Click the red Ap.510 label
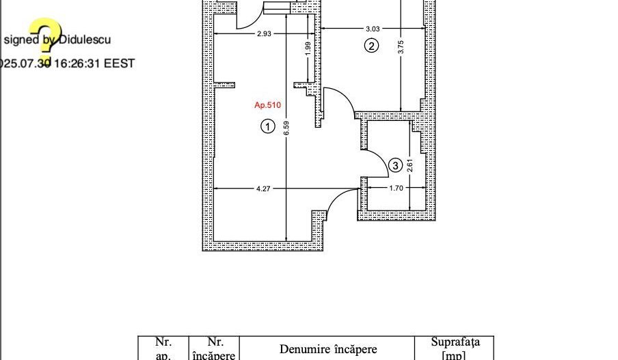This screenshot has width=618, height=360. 267,105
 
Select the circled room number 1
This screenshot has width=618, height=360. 268,126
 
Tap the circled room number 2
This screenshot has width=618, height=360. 371,46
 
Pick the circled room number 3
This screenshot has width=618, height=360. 395,165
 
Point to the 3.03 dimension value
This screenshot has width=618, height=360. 373,29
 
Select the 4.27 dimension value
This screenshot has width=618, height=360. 263,189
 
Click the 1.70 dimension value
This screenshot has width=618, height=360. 395,189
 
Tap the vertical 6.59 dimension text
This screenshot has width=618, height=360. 286,128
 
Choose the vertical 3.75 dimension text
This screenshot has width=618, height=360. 401,47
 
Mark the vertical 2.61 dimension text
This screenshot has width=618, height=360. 409,165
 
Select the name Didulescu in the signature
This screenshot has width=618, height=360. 84,40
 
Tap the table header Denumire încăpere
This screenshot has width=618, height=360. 327,349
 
